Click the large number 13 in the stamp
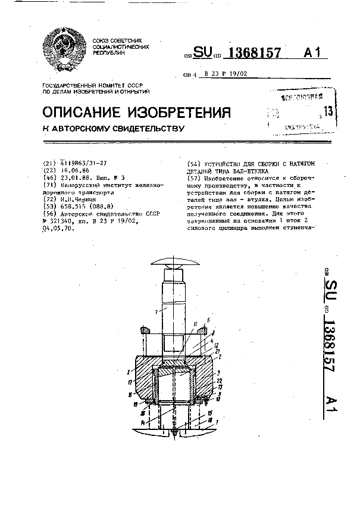(327, 111)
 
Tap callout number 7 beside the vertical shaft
(155, 311)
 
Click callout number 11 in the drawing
(195, 325)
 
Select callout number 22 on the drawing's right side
(219, 380)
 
